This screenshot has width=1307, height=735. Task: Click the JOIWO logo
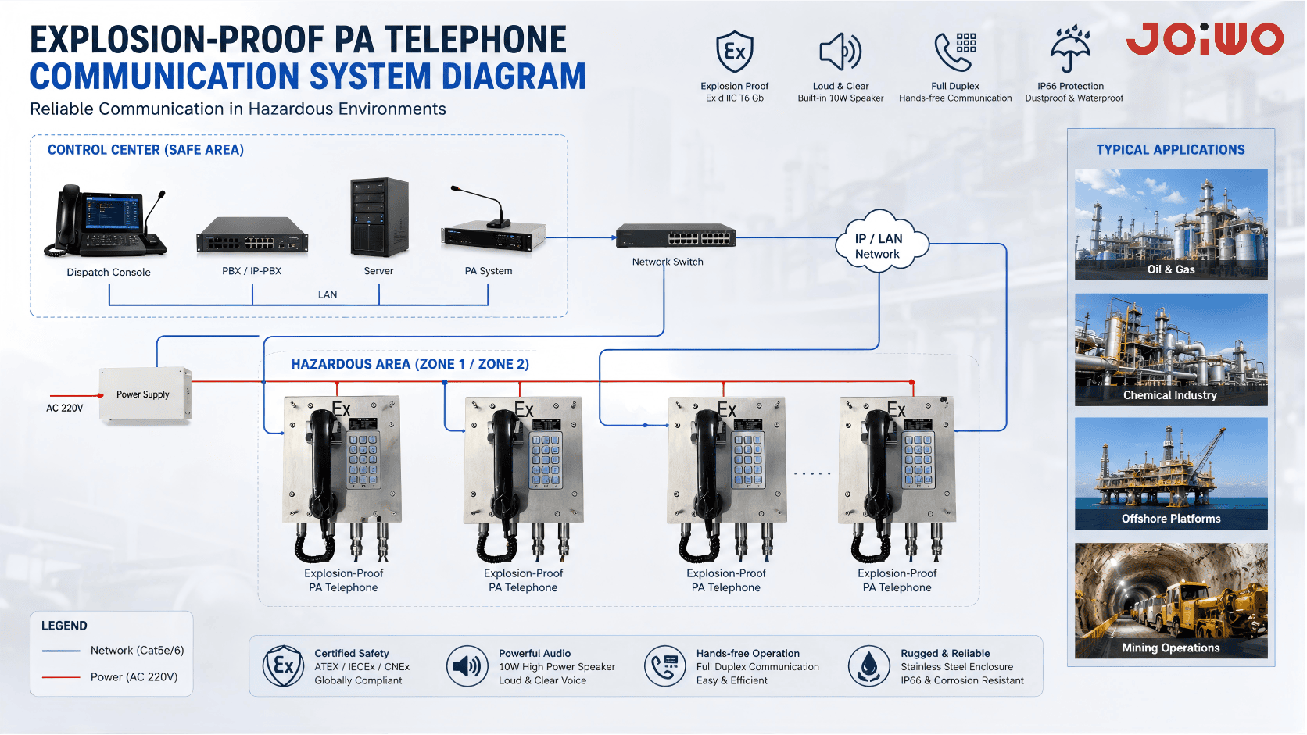click(x=1205, y=39)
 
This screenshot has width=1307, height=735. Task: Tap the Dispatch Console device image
click(x=106, y=222)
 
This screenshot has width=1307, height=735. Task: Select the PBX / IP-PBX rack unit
click(x=252, y=235)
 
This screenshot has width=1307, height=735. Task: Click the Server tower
click(x=379, y=217)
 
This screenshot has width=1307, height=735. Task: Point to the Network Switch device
click(x=675, y=235)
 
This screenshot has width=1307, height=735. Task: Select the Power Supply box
click(x=145, y=394)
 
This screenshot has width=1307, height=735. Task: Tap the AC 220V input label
click(x=65, y=408)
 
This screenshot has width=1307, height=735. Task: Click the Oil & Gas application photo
click(x=1171, y=224)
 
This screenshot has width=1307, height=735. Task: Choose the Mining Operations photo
click(x=1171, y=601)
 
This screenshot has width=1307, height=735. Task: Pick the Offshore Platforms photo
click(x=1171, y=473)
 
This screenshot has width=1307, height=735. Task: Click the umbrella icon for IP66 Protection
click(x=1070, y=48)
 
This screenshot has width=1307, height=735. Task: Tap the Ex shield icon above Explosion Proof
click(x=735, y=52)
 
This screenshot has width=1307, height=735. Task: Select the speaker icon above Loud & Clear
click(x=840, y=52)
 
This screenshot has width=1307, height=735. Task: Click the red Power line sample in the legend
click(x=61, y=677)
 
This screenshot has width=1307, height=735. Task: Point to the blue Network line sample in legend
click(x=61, y=651)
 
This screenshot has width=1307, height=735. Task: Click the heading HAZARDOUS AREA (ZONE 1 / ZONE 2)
click(x=410, y=364)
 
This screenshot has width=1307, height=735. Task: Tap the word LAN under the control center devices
click(x=328, y=295)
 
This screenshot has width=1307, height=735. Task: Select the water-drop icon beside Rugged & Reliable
click(x=868, y=665)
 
